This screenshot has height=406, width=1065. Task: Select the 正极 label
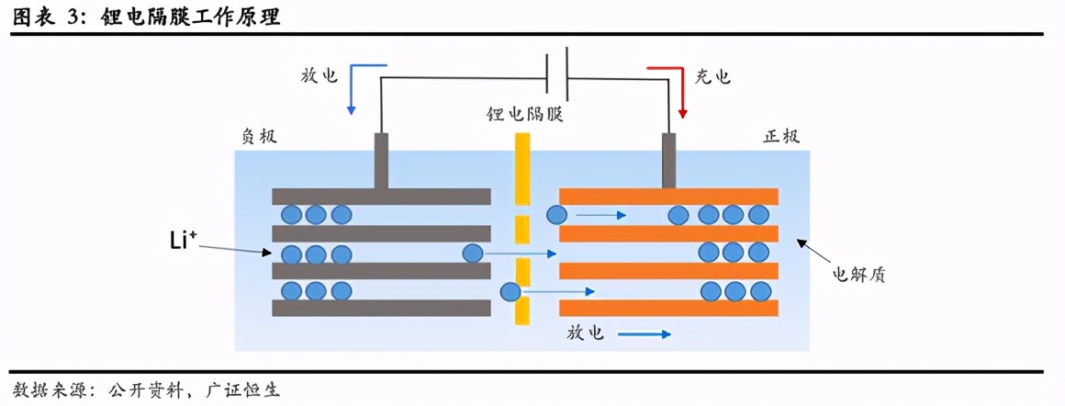pos(781,136)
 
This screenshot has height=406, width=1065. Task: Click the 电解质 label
pos(858,274)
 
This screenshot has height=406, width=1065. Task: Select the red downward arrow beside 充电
pos(680,92)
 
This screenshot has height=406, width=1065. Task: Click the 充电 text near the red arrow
pos(713,76)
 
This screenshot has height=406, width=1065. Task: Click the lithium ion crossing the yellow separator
pos(510,292)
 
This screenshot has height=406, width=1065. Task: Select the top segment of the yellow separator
pos(522,169)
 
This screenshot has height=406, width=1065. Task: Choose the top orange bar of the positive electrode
pos(668,196)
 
